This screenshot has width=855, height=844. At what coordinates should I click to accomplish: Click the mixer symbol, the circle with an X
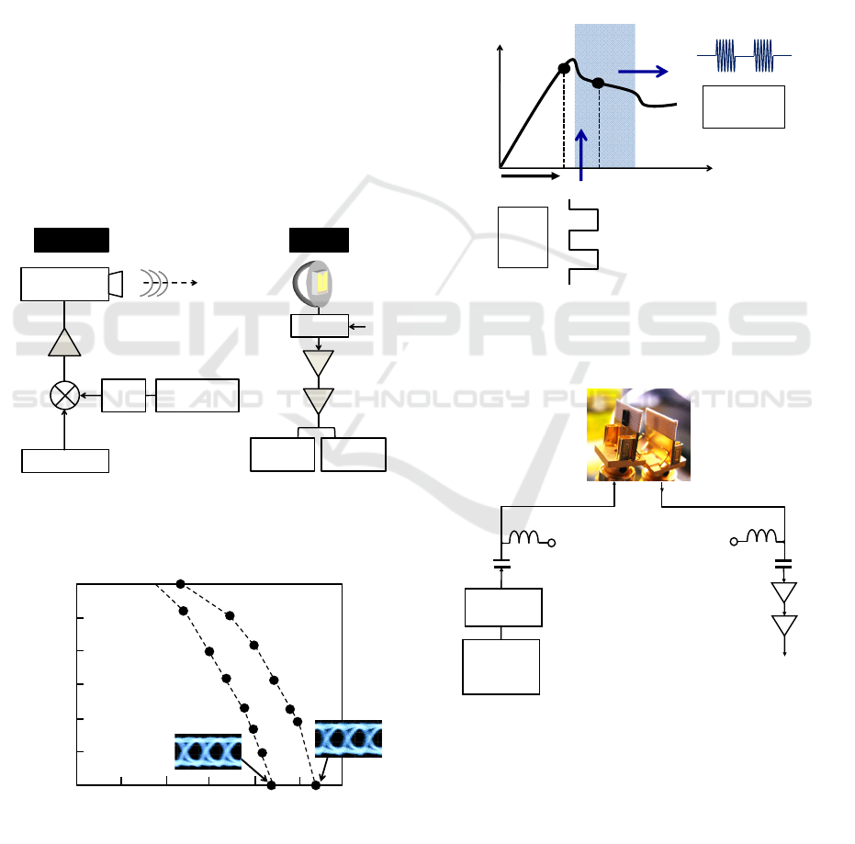point(64,395)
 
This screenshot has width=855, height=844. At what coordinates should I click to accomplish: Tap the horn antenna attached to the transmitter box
point(116,284)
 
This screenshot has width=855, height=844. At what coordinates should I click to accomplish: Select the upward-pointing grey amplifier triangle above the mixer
point(64,342)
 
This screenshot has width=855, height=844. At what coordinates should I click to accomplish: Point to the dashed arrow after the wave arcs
point(184,284)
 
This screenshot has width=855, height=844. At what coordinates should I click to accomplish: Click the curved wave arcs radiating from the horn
point(152,284)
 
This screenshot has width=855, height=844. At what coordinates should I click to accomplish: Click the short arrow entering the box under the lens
point(360,325)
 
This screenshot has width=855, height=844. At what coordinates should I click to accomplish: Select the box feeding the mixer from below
point(65,460)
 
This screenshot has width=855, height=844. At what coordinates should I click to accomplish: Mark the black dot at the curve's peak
point(564,67)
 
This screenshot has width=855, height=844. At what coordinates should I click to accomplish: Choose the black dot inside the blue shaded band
point(598,83)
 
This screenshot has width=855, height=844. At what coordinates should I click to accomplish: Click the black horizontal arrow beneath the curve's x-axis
point(530,174)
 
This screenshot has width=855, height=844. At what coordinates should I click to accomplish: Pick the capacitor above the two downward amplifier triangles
point(783,563)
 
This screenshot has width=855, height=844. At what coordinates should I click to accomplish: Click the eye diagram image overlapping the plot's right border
point(348,738)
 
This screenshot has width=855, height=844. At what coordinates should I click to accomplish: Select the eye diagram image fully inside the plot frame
point(208,751)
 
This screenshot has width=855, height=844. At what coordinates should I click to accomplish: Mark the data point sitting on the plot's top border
point(181,584)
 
